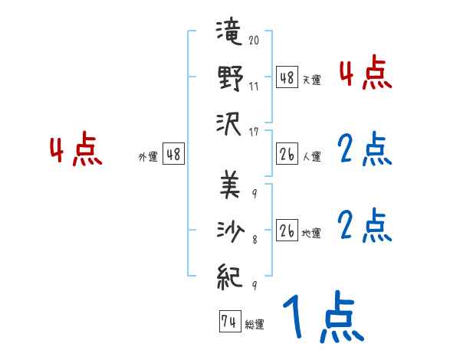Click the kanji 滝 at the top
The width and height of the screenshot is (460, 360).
(230, 34)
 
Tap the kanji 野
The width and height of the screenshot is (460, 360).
(230, 78)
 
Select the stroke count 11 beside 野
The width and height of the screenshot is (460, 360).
(254, 87)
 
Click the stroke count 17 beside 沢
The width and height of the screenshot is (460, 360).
(254, 131)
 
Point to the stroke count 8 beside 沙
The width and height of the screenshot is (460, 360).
(254, 239)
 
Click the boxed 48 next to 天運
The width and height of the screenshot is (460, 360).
(287, 77)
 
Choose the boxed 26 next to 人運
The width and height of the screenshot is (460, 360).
(287, 154)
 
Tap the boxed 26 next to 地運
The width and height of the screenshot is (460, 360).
(287, 231)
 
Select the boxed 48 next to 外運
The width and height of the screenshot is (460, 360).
(173, 154)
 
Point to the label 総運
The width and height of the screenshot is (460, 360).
(255, 325)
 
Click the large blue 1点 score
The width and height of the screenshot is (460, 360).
(322, 319)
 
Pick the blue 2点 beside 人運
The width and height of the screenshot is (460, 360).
(365, 150)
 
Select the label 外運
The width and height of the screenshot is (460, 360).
(147, 156)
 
